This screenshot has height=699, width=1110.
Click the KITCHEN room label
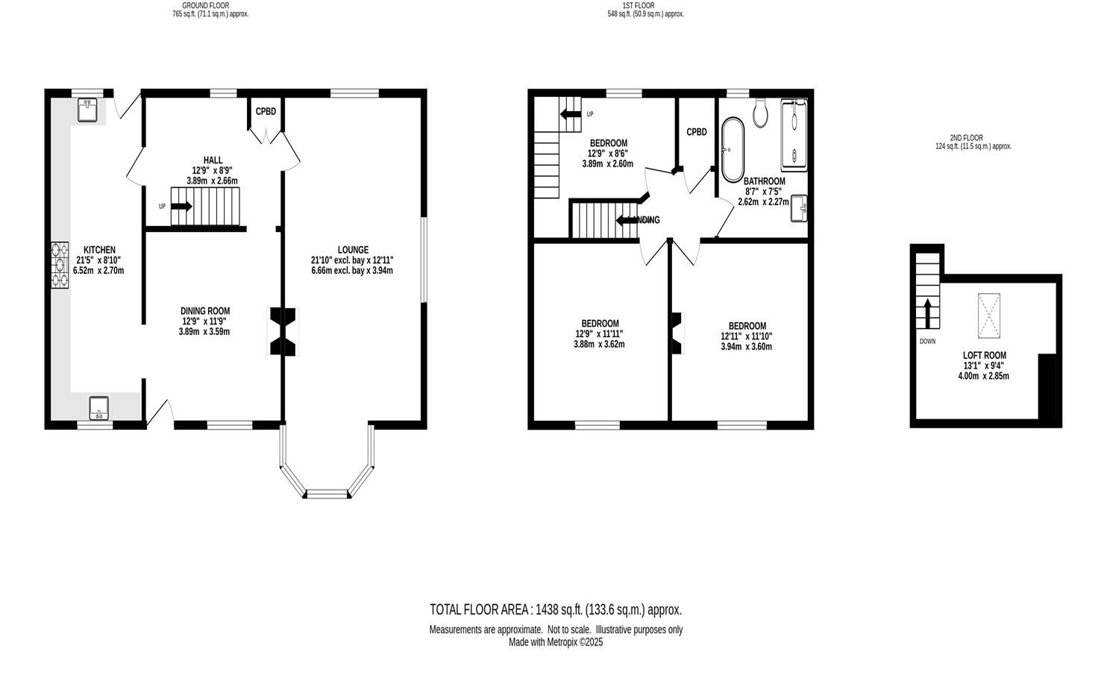coord(99,250)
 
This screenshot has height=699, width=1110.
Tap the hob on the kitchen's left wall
coord(59,265)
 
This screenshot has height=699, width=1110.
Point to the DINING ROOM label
coord(204,311)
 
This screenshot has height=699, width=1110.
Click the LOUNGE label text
coord(353,250)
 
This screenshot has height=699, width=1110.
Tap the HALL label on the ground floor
coord(213,160)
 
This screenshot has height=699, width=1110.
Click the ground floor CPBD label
coord(266,112)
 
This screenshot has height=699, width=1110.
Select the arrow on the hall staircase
coord(181,207)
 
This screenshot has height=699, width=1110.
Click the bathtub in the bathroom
coord(730,148)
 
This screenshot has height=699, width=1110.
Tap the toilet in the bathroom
coord(761,113)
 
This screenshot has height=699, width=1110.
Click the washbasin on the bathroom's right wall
coord(801,208)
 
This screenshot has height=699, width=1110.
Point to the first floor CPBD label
coord(696,132)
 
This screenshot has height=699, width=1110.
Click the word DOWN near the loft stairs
coord(927,342)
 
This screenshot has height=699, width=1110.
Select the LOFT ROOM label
coord(984,356)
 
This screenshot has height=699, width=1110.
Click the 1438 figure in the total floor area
coord(549,609)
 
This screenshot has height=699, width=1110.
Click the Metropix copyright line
coord(555,642)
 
